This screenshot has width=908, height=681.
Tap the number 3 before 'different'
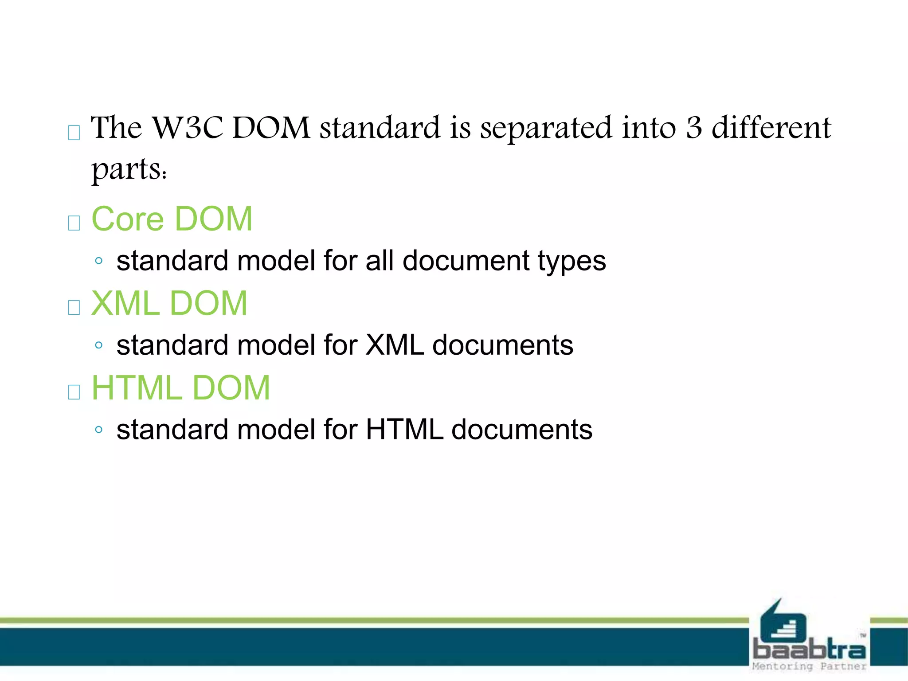click(x=694, y=128)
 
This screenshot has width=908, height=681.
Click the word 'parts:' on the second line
click(x=129, y=170)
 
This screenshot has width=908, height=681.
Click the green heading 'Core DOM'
click(x=172, y=219)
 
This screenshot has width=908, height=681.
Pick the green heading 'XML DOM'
click(x=169, y=303)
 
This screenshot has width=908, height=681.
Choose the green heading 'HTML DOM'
click(x=180, y=388)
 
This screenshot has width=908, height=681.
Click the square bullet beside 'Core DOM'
click(x=74, y=223)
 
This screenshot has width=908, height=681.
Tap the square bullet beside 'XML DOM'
click(x=74, y=307)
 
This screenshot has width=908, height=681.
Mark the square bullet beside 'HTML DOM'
click(x=74, y=391)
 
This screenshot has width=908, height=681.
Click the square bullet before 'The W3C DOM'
click(x=74, y=132)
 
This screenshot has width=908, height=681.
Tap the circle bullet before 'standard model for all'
click(x=99, y=261)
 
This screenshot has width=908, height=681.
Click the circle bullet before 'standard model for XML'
click(x=99, y=345)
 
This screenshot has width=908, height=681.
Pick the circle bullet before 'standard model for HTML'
click(x=99, y=429)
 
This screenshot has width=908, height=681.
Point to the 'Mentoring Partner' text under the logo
click(x=809, y=666)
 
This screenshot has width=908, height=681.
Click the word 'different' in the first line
click(x=771, y=128)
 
